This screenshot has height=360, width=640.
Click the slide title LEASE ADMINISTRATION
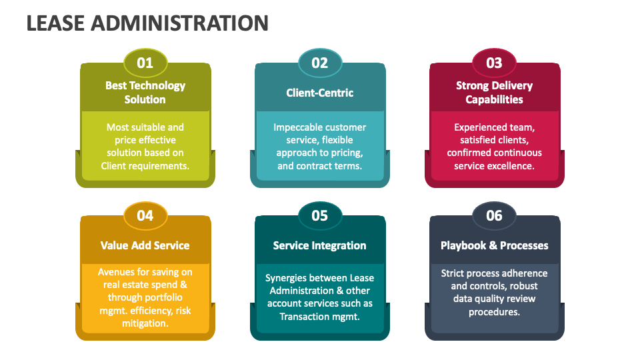pyautogui.click(x=147, y=23)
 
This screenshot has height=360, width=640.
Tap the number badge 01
pyautogui.click(x=145, y=63)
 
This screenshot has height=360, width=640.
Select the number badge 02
pyautogui.click(x=320, y=63)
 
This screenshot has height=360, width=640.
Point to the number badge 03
pyautogui.click(x=494, y=63)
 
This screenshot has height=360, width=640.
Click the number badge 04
pyautogui.click(x=145, y=215)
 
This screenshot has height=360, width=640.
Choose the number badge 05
pyautogui.click(x=320, y=215)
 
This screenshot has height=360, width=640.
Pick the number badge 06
pyautogui.click(x=494, y=215)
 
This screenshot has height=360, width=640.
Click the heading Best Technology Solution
pyautogui.click(x=145, y=92)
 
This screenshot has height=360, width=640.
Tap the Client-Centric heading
pyautogui.click(x=320, y=93)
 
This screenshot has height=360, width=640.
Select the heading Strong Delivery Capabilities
pyautogui.click(x=494, y=92)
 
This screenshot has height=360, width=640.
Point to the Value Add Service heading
pyautogui.click(x=145, y=245)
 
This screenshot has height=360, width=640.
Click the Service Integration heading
pyautogui.click(x=320, y=245)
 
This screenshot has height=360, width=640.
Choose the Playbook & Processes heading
pyautogui.click(x=494, y=245)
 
